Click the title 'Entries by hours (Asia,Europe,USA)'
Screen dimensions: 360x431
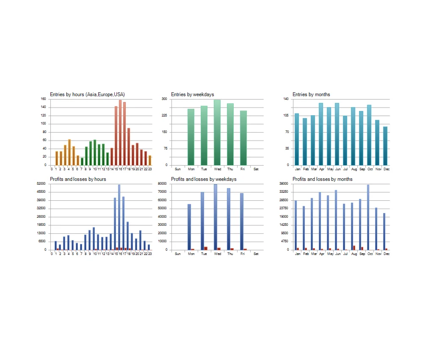(x=87, y=94)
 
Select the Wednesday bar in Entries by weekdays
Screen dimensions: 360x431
(x=217, y=133)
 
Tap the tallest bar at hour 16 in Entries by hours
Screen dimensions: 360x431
(x=120, y=133)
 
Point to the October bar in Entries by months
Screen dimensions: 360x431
(x=369, y=135)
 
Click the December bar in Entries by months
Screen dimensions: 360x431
(x=385, y=146)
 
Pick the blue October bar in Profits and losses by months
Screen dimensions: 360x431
(x=368, y=217)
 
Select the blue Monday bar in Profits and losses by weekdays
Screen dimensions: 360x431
(x=189, y=227)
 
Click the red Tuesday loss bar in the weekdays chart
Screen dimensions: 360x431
(x=206, y=248)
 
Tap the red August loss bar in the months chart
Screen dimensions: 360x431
(x=354, y=248)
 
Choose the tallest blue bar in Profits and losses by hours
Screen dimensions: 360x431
(x=119, y=217)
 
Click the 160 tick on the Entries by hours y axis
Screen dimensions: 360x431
(x=43, y=99)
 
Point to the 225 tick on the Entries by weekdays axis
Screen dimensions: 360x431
(x=164, y=115)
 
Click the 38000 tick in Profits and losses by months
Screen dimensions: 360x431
(x=284, y=184)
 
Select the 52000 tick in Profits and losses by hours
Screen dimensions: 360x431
(x=41, y=184)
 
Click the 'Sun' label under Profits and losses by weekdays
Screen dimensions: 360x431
(x=178, y=254)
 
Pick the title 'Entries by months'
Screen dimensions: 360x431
(x=311, y=94)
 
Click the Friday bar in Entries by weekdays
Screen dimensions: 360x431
(x=243, y=138)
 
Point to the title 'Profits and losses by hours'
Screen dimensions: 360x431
(x=78, y=179)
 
